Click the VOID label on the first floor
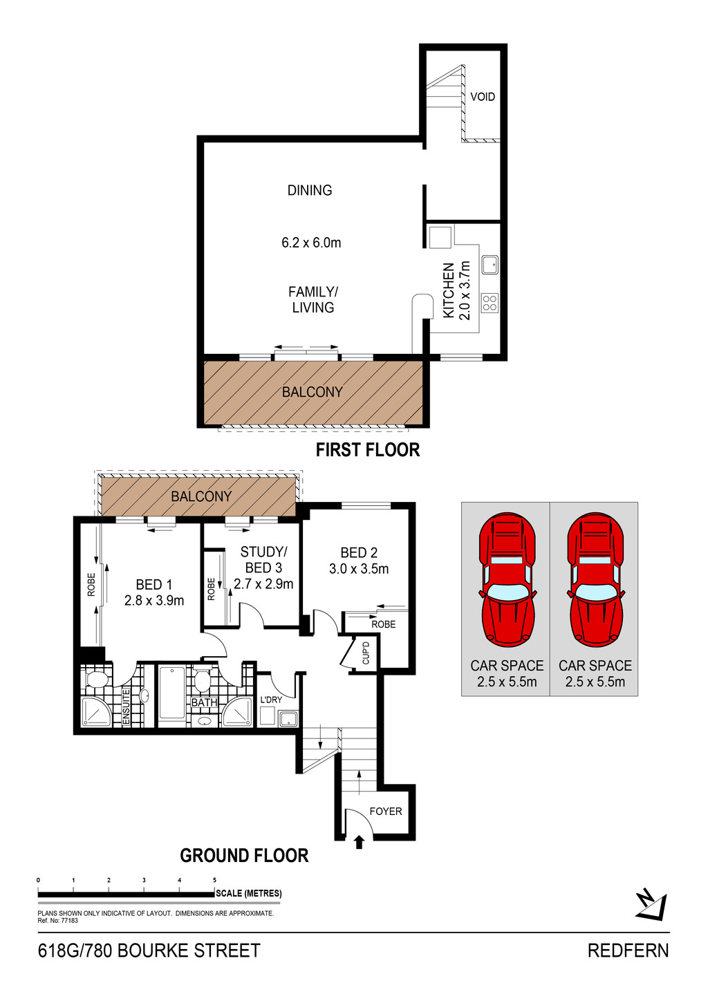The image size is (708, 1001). (483, 97)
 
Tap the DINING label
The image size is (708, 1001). (310, 190)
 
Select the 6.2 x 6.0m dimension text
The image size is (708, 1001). (311, 243)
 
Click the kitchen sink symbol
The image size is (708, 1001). (490, 265)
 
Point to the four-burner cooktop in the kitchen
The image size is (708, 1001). (490, 303)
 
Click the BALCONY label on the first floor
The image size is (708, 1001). (312, 392)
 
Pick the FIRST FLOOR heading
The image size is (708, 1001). (368, 449)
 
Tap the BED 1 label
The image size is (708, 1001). (153, 585)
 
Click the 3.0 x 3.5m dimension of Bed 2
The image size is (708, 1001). (359, 569)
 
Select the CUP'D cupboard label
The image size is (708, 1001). (366, 653)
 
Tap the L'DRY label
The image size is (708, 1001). (271, 700)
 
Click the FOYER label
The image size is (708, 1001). (385, 811)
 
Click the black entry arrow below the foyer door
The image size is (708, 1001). (359, 843)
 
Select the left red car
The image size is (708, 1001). (507, 579)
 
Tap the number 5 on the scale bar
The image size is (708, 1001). (215, 880)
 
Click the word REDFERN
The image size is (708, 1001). (628, 951)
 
